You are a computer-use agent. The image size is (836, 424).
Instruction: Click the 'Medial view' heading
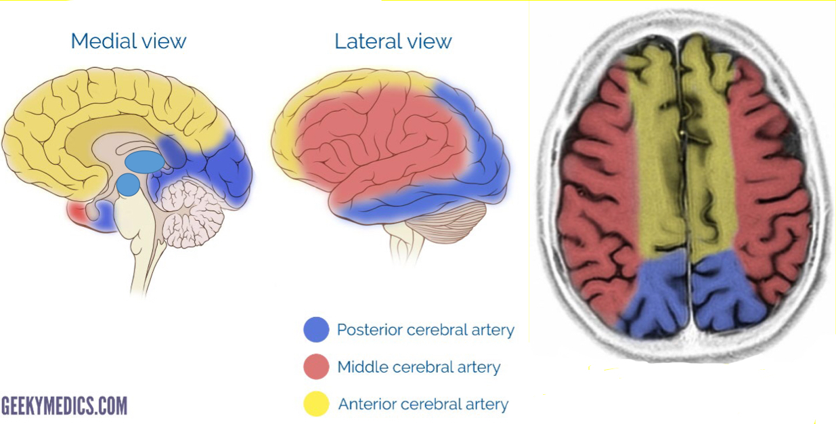128,41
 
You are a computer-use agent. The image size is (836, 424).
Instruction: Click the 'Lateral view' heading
393,41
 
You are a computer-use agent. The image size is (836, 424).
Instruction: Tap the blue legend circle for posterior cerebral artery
316,330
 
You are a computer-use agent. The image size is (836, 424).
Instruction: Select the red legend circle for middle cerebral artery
316,367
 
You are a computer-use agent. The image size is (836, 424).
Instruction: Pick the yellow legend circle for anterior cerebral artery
316,404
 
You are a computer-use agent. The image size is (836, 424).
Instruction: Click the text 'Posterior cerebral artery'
425,330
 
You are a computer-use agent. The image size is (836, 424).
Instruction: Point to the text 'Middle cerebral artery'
418,367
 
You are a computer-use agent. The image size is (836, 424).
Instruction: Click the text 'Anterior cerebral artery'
422,404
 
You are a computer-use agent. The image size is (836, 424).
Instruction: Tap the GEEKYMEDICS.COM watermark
64,406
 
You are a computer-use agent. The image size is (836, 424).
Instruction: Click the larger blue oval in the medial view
144,161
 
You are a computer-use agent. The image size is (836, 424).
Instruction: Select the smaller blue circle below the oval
128,184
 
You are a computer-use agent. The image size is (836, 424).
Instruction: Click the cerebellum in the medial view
192,211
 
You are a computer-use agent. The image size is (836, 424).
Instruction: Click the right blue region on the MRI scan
726,295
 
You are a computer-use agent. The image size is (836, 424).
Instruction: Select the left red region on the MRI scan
599,196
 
